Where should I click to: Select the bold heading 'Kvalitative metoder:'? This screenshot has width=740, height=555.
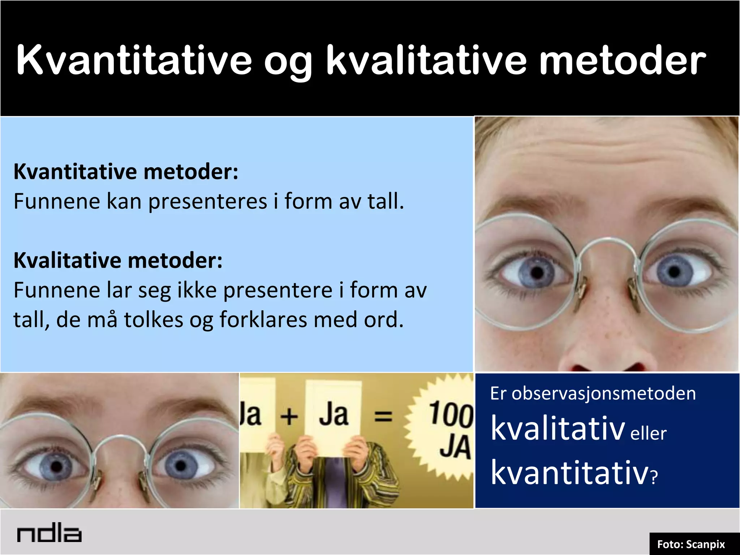point(118,260)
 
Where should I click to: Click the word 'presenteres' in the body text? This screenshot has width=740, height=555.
point(208,201)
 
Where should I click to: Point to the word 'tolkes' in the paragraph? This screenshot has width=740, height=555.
point(154,320)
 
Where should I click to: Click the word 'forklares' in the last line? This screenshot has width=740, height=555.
point(263,320)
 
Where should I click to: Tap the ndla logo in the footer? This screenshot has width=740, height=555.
point(49,534)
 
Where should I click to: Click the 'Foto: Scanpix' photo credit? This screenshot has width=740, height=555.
point(691,544)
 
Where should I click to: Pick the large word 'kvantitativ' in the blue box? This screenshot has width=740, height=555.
point(570,473)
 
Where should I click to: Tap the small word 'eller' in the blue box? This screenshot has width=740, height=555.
point(648,434)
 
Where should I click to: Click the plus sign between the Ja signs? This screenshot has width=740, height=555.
point(289,417)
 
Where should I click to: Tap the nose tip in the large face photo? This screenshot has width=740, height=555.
point(611,356)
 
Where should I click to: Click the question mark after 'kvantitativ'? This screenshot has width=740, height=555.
point(654,478)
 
